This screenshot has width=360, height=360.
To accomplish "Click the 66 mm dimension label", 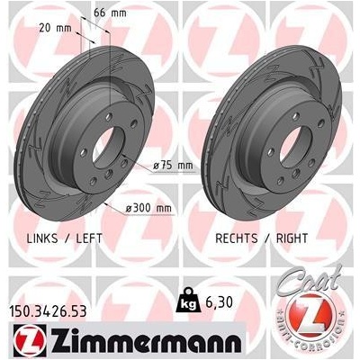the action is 110,13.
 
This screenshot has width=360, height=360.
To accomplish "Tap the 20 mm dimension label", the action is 55,28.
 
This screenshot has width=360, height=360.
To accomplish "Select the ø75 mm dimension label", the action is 173,166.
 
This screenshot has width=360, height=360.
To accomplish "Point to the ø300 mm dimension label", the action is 148,208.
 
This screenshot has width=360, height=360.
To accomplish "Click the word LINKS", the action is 42,238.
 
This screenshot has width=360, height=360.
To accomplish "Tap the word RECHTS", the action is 237,238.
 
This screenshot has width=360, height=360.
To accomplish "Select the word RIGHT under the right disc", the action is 292,238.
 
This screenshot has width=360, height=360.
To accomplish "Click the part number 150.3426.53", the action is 49,311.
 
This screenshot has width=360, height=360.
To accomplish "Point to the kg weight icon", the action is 188,300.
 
